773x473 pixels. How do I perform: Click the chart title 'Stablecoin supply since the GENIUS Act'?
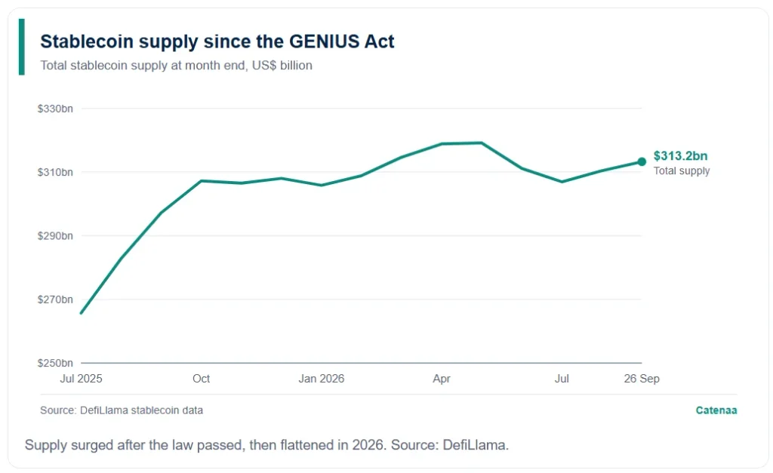click(217, 41)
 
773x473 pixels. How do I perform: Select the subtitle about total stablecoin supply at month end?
click(176, 66)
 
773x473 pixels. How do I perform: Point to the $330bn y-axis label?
click(55, 109)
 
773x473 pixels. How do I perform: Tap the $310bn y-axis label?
click(55, 172)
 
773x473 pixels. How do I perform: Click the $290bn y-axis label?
click(55, 235)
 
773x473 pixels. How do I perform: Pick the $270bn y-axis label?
click(55, 299)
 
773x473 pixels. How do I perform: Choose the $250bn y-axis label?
click(55, 363)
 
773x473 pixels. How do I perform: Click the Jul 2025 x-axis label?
click(81, 379)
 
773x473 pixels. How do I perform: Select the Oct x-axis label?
click(201, 379)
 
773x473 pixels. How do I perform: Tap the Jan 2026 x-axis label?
click(322, 379)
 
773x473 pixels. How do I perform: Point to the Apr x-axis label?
click(442, 379)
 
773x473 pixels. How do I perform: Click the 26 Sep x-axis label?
click(642, 379)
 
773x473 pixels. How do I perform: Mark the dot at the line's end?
click(642, 161)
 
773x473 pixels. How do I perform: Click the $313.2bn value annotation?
click(680, 155)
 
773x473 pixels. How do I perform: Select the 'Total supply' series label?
click(682, 170)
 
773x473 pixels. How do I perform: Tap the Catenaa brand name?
click(716, 410)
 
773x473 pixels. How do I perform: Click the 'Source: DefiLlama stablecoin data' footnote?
click(122, 410)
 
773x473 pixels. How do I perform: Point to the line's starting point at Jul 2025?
click(82, 313)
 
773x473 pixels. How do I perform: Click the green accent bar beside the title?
click(22, 47)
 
